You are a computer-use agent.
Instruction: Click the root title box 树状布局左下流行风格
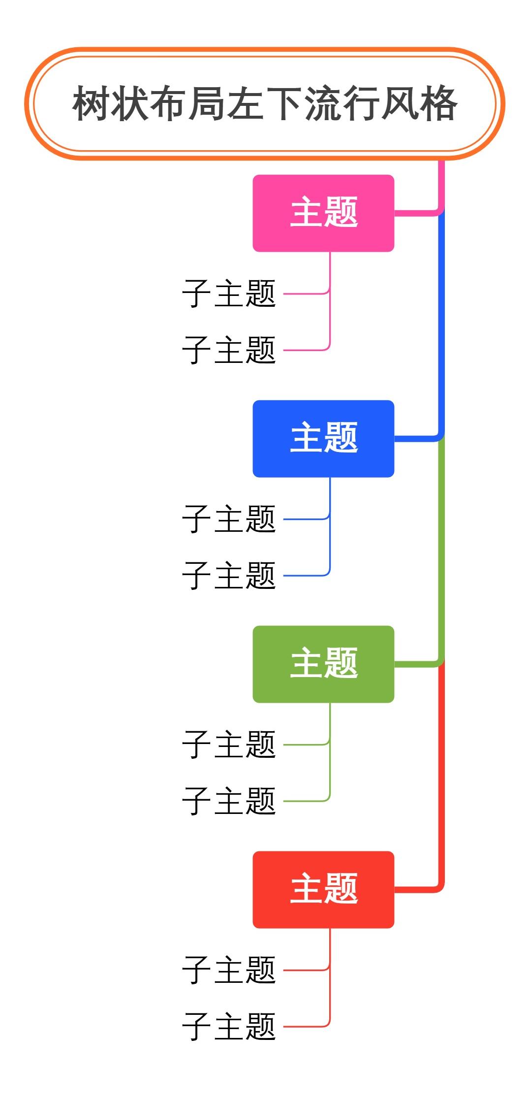(265, 103)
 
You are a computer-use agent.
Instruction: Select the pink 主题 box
(323, 213)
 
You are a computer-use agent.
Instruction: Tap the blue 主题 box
(323, 438)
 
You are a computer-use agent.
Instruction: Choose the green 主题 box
(323, 664)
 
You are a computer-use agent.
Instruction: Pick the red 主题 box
(323, 889)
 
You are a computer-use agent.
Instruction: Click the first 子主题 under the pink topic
(229, 293)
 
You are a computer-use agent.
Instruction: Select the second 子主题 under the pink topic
(229, 350)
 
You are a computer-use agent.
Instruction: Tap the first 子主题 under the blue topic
(229, 519)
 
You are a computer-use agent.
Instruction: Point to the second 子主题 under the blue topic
(229, 576)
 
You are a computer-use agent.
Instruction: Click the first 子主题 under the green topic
(229, 745)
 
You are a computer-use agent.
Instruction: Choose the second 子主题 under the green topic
(229, 801)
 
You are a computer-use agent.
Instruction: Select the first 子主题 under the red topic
(229, 970)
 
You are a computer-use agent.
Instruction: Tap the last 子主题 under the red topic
(229, 1027)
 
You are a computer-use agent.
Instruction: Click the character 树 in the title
(92, 103)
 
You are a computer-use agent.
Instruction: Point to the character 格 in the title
(438, 103)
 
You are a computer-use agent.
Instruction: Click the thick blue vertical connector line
(441, 325)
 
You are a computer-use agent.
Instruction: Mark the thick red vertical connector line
(441, 776)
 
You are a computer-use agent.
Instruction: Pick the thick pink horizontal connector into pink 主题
(416, 213)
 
